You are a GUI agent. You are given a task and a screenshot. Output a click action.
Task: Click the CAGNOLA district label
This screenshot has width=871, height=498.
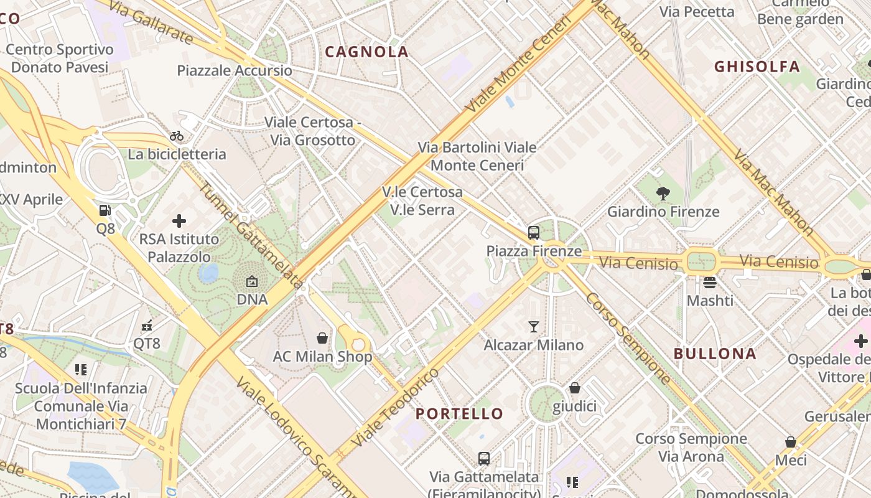[367, 52]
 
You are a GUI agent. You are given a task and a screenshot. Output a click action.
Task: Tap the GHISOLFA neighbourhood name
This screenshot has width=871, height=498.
[757, 67]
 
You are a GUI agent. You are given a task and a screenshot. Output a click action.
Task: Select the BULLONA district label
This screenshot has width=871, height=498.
[715, 354]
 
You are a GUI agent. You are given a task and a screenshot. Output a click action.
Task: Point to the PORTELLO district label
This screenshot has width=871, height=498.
[459, 413]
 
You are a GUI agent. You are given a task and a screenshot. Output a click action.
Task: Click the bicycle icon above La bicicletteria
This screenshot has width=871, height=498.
[177, 136]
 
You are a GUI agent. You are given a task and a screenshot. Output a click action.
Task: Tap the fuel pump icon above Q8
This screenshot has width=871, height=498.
[105, 210]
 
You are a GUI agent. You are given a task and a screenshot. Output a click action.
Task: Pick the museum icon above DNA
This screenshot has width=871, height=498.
[252, 282]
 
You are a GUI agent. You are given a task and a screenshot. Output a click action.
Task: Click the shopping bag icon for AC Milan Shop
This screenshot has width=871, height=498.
[322, 338]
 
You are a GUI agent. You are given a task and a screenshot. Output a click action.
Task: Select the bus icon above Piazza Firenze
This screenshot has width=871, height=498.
[533, 233]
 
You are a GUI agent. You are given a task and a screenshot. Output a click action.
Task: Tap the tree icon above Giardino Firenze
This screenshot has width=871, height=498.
[663, 194]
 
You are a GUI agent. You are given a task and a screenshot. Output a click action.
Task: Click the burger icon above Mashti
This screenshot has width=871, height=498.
[710, 283]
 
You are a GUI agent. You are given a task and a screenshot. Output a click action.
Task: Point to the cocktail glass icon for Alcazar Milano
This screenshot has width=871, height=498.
[533, 327]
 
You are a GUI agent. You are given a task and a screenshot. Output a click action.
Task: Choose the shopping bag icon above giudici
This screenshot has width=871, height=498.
[575, 388]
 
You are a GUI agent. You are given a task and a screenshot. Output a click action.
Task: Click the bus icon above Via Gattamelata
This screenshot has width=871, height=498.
[484, 459]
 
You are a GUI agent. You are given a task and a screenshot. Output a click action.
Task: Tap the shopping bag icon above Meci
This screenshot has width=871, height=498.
[791, 442]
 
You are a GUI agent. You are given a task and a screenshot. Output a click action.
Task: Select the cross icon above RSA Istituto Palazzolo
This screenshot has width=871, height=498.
[179, 220]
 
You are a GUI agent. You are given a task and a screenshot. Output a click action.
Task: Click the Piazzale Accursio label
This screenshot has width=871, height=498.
[235, 70]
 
